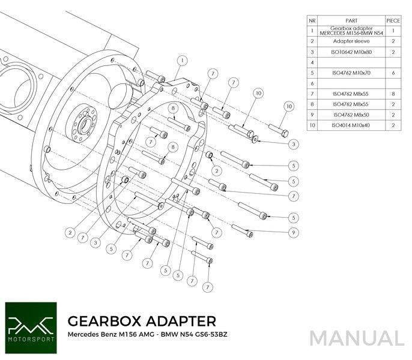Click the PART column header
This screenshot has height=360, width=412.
(351, 20)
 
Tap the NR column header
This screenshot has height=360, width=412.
(312, 20)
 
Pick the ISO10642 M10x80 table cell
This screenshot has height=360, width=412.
(351, 52)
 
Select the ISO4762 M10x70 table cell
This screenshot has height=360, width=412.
(351, 72)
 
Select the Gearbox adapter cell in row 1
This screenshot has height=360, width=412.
(351, 30)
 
